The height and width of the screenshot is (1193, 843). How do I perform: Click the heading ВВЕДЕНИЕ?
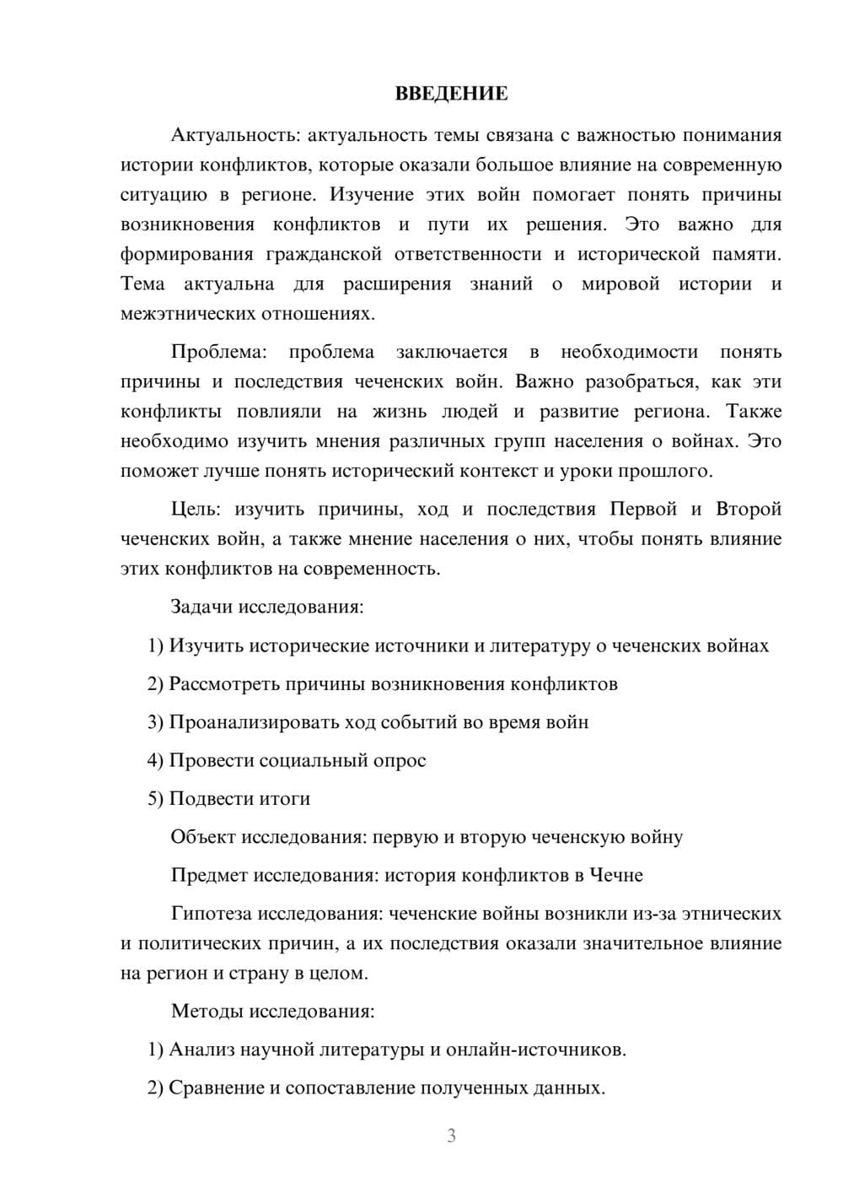451,94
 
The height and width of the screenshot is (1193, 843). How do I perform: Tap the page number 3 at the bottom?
451,1136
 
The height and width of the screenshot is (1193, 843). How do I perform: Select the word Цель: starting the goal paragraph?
196,509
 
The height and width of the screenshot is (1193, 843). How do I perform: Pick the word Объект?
202,837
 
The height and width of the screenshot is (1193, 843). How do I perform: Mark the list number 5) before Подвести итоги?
155,798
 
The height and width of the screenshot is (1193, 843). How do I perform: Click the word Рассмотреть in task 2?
223,683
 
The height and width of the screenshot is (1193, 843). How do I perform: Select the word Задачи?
202,607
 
